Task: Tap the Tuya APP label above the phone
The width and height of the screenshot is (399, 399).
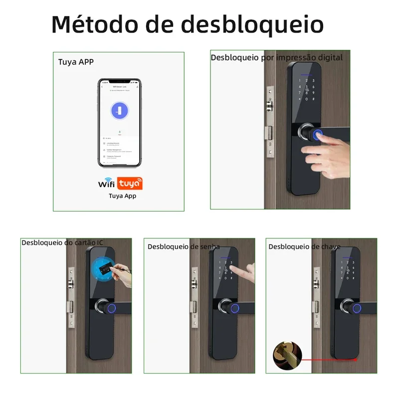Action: coord(76,62)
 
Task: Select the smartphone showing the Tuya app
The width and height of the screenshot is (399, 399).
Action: coord(119,123)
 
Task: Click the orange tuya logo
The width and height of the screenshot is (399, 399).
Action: coord(130,184)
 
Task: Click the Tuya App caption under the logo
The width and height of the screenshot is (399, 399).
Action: coord(122,196)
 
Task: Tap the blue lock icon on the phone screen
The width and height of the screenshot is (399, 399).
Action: coord(119,111)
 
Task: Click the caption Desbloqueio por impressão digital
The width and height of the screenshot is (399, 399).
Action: coord(276,58)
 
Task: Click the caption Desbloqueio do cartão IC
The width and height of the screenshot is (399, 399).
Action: coord(62,242)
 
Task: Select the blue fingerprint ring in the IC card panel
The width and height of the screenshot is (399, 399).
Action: coord(112,308)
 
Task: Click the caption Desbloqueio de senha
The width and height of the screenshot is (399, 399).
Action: coord(184,246)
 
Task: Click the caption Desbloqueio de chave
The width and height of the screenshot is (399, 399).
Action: coord(304,246)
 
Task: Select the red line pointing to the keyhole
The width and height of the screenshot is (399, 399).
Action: coord(329,359)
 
